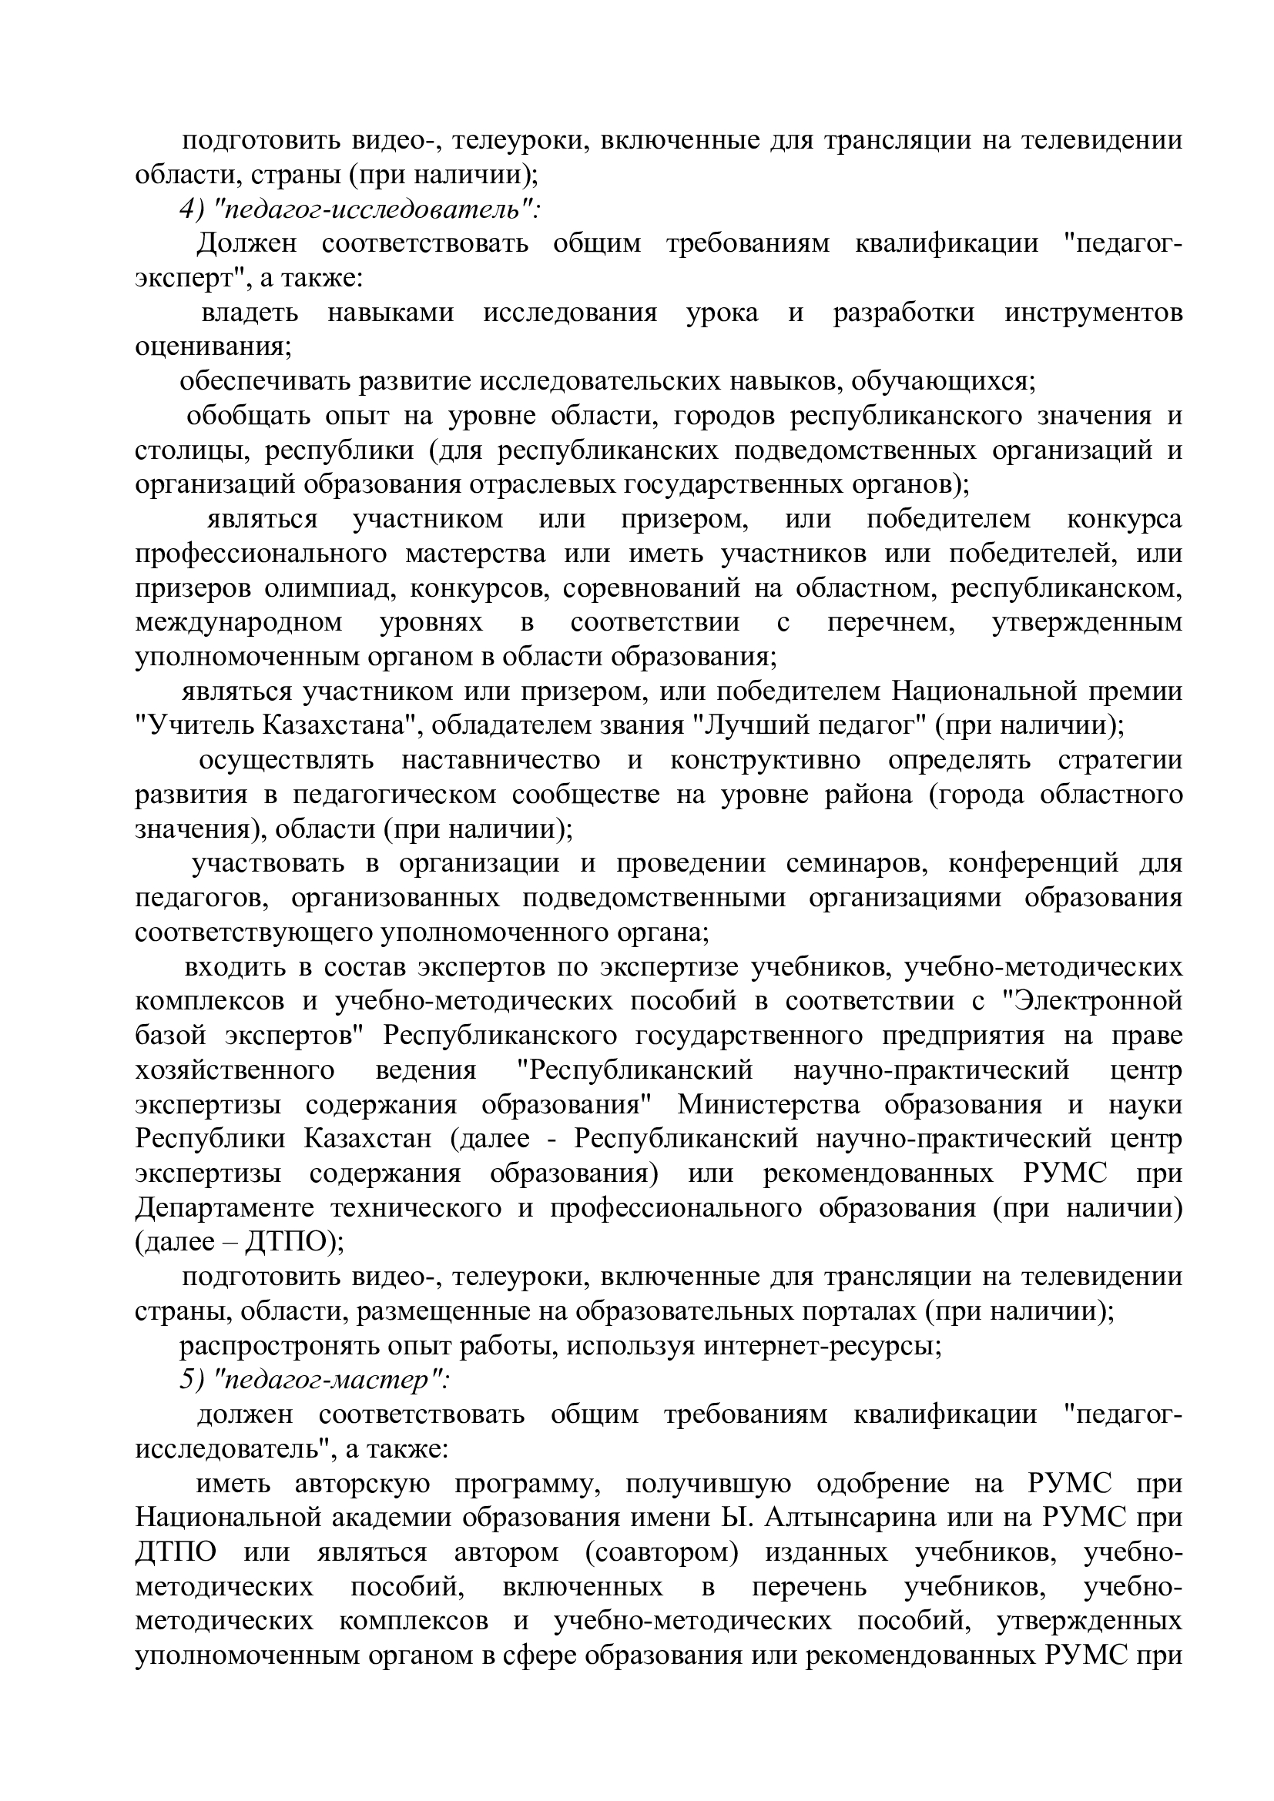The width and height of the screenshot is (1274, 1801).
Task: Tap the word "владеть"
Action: click(250, 313)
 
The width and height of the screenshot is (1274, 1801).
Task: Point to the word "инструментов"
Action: click(1094, 313)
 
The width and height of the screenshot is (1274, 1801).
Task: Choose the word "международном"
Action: click(239, 623)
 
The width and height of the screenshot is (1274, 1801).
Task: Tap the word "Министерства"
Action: click(769, 1104)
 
